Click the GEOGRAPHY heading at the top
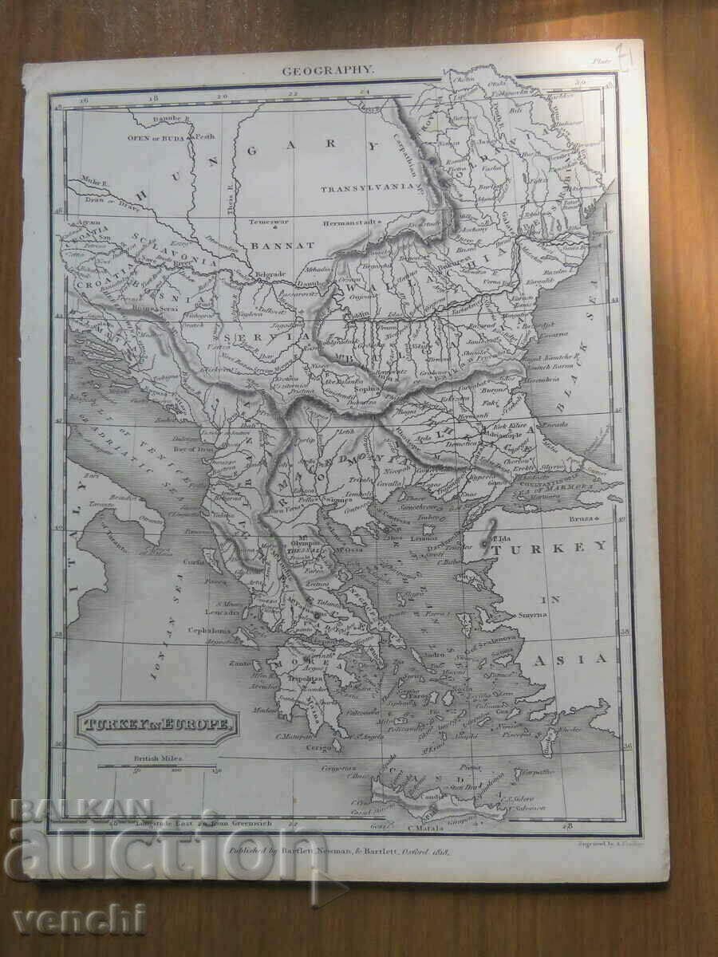327,70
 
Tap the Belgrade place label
270,274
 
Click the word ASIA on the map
581,659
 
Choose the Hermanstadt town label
353,224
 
